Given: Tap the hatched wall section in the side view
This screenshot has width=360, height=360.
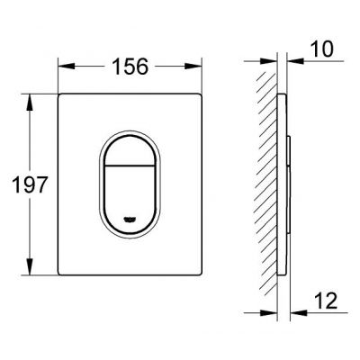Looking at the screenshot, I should [264, 180].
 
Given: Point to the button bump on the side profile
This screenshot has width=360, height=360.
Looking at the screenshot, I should [292, 180].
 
